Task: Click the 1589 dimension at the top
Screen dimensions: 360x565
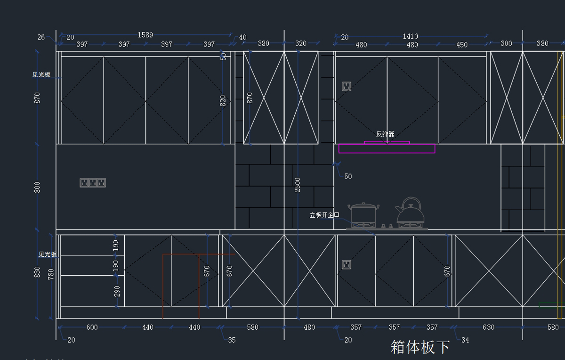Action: (x=145, y=35)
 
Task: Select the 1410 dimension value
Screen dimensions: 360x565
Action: (x=410, y=36)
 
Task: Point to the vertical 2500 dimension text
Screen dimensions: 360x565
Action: (x=297, y=185)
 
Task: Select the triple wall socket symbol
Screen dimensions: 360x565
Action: (x=93, y=183)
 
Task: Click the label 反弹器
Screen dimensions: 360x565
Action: (x=385, y=134)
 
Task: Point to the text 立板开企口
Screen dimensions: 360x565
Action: (x=324, y=215)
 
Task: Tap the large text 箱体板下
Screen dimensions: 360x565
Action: (x=420, y=347)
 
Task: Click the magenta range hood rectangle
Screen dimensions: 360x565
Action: (x=387, y=148)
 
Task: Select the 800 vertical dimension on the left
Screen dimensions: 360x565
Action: (x=37, y=187)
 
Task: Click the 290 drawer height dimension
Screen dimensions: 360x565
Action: (x=117, y=291)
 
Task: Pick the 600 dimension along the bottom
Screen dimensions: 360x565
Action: (x=92, y=327)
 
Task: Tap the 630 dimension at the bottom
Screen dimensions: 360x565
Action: (x=488, y=327)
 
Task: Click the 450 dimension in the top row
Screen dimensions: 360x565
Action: (x=462, y=45)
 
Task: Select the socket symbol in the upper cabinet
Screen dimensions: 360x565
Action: (x=347, y=86)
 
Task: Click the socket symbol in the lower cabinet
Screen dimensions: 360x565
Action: (x=347, y=264)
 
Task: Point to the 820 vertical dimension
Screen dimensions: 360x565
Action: (x=223, y=101)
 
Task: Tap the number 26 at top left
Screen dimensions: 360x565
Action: (x=41, y=37)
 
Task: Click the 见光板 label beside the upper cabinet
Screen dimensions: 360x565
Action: (x=41, y=74)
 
